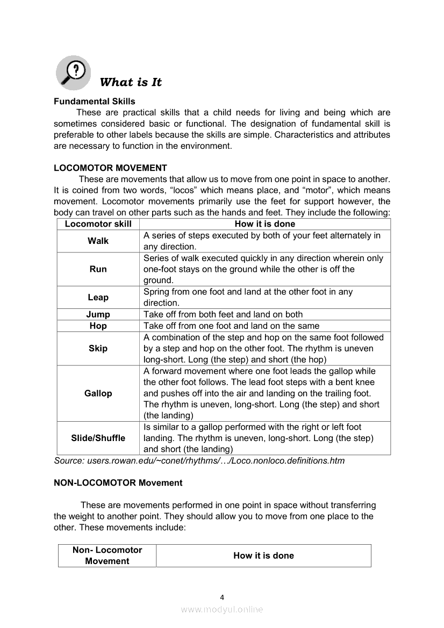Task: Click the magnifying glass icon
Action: coord(73,72)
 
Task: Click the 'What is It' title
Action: coord(131,82)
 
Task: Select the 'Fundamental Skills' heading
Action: coord(94,101)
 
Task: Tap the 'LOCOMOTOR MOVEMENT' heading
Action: coord(110,168)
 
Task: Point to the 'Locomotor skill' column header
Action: coord(98,224)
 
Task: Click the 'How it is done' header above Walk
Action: coord(264,224)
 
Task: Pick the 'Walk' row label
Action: coord(98,241)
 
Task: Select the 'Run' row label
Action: coord(98,269)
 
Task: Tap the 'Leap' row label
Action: coord(98,297)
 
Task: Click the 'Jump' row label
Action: coord(98,314)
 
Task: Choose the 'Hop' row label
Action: coord(98,326)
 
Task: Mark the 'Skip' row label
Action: coord(98,348)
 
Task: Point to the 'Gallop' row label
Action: coord(98,393)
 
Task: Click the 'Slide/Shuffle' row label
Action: coord(98,438)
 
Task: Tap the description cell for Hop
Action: coord(231,326)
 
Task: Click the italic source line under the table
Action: coord(199,460)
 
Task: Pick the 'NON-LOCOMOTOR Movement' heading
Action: coord(118,482)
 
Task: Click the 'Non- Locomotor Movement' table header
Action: coord(107,555)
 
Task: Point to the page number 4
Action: coord(222,597)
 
